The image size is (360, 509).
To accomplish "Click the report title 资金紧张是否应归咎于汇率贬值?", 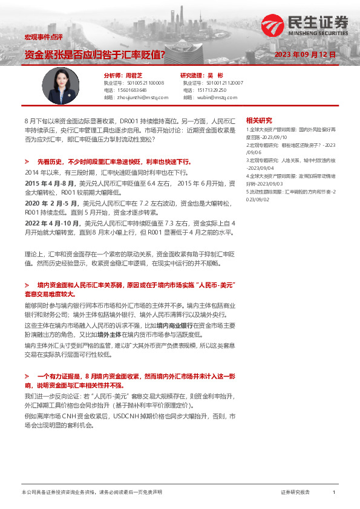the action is pos(94,54).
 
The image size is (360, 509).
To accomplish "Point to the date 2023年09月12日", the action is pos(304,55).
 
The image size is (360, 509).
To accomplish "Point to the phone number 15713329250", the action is pos(211,89).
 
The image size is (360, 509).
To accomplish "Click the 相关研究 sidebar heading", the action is pos(259,120).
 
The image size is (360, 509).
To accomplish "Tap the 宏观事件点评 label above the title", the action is pos(39,37).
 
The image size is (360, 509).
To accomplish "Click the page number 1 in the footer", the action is pos(333,493).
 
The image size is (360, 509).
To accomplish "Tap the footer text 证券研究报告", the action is pos(295,493).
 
